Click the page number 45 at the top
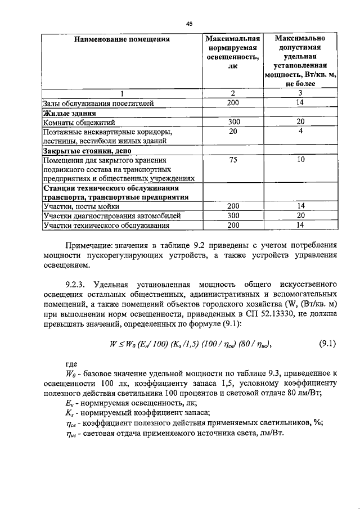coord(189,23)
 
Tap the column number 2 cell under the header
coord(233,93)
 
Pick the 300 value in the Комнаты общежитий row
coord(233,121)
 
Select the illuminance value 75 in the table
coord(233,160)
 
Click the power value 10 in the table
coord(301,160)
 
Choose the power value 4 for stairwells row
coord(301,131)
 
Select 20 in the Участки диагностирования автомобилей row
coord(301,216)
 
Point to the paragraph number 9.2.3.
coord(78,283)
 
